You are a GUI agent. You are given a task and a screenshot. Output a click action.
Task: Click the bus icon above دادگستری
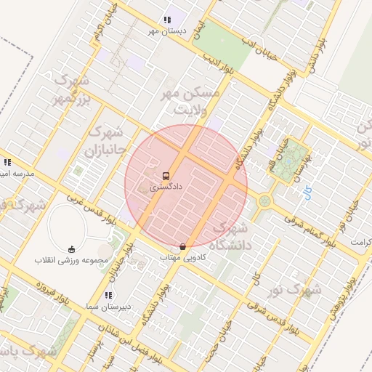(x=166, y=176)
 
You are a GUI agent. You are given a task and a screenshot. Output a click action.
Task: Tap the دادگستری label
(x=166, y=187)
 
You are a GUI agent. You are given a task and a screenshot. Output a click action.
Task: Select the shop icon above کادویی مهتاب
(x=182, y=246)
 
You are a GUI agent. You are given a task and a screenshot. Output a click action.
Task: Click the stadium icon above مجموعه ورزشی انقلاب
(x=71, y=248)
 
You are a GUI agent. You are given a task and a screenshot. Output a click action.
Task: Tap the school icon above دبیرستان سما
(x=108, y=295)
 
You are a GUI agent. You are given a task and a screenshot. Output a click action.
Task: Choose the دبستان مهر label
(x=168, y=31)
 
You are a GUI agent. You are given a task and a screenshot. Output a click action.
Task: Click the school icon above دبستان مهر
(x=168, y=20)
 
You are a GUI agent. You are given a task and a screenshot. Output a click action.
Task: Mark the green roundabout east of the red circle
(x=264, y=201)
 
